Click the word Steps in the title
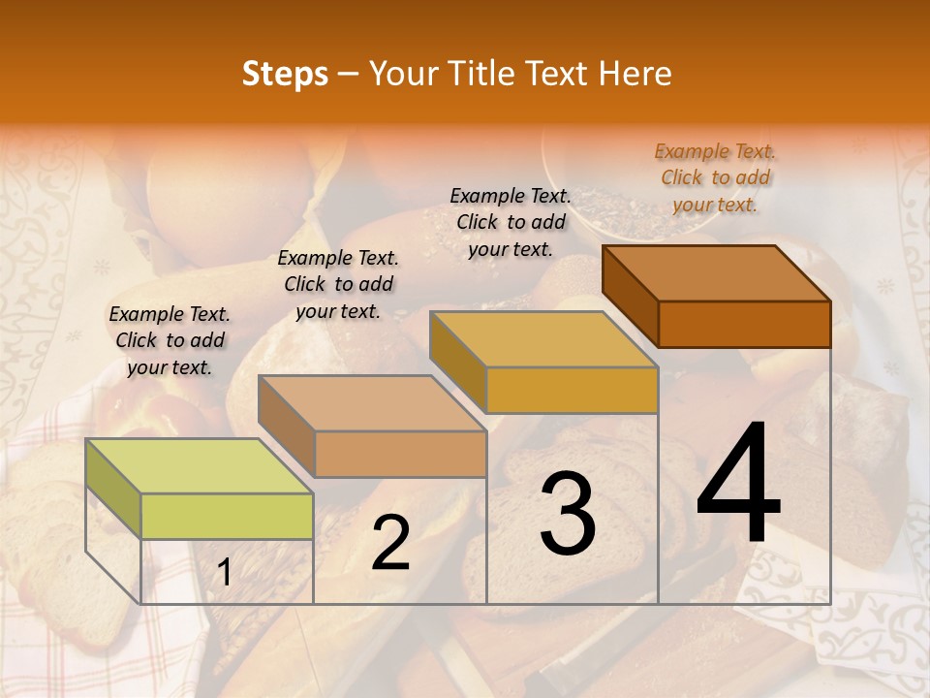coord(285,74)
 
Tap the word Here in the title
coord(635,74)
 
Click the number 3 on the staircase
coord(568,515)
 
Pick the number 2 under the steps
coord(390,544)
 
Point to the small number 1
coord(225,573)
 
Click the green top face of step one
coord(199,466)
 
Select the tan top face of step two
coord(371,403)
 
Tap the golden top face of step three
coord(543,339)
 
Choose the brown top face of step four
coord(716,273)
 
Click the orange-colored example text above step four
coord(715,177)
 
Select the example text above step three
coord(511,222)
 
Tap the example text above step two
coord(338,284)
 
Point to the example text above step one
coord(170,340)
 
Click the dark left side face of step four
coord(630,296)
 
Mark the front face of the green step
coord(227,516)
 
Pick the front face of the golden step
coord(572,390)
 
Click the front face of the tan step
coord(400,454)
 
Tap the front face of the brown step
coord(744,324)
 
